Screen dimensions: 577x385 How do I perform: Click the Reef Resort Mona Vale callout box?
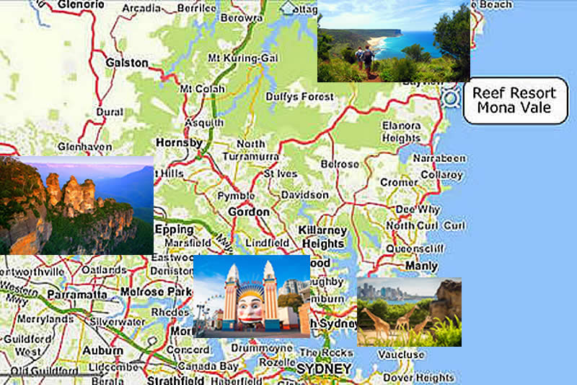pyautogui.click(x=515, y=100)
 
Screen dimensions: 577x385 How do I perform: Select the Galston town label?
pyautogui.click(x=126, y=63)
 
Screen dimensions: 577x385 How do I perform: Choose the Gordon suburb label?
pyautogui.click(x=248, y=212)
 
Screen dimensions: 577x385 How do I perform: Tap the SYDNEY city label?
pyautogui.click(x=325, y=369)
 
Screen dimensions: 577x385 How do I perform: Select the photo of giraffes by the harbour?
pyautogui.click(x=408, y=312)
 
